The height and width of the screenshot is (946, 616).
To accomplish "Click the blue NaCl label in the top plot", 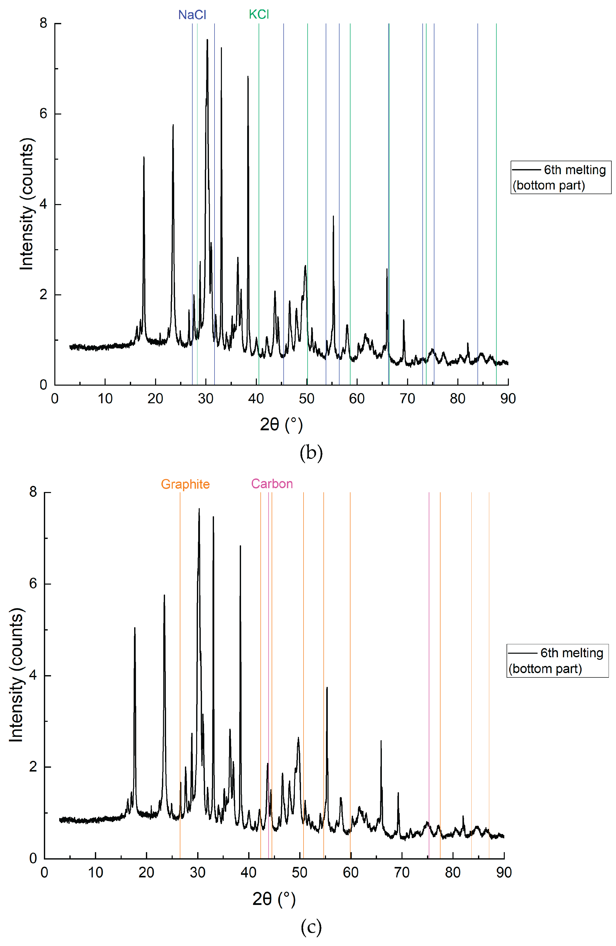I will [x=192, y=15].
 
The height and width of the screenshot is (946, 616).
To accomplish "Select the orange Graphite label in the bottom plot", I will [x=185, y=484].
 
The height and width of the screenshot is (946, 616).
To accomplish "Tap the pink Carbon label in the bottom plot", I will [x=272, y=484].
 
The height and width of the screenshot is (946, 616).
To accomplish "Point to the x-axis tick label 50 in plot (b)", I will [x=306, y=398].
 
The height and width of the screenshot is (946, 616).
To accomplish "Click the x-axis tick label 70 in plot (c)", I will [x=401, y=873].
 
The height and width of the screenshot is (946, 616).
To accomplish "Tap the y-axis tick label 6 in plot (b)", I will [x=43, y=114].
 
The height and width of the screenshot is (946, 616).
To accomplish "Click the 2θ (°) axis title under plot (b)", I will [x=281, y=424].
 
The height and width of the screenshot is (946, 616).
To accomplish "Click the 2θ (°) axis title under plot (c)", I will [x=274, y=899].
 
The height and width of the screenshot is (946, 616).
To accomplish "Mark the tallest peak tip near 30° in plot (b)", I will [x=207, y=40].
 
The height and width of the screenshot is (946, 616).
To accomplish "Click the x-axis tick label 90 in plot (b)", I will [x=508, y=398].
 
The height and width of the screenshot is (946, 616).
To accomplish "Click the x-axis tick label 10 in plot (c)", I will [x=95, y=873].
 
